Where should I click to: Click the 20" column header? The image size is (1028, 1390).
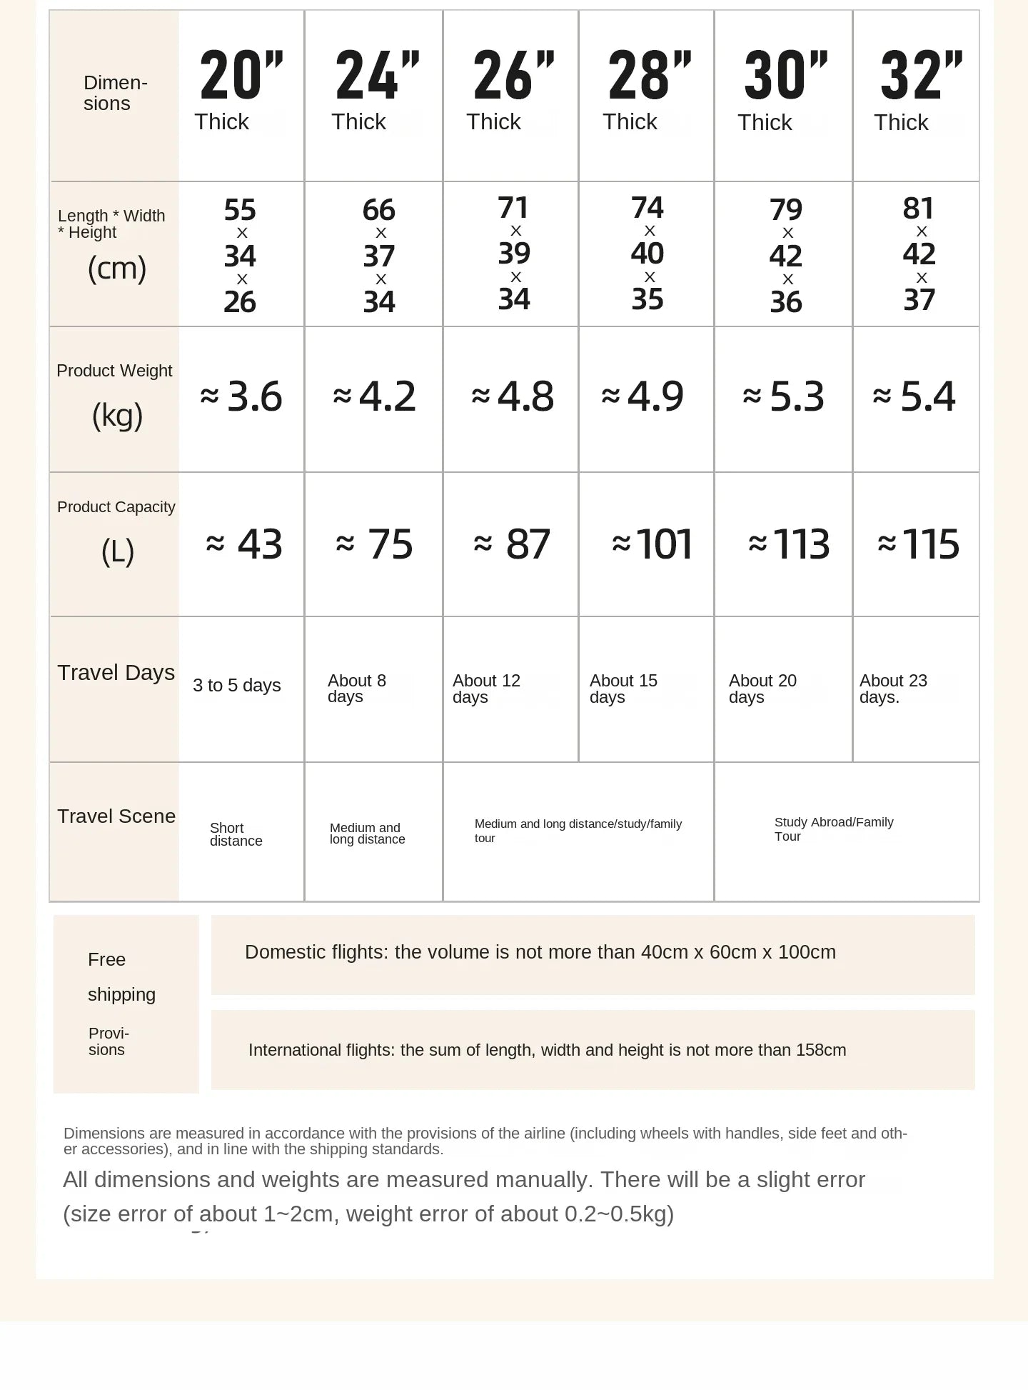tap(241, 76)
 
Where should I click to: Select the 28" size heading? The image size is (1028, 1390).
tap(649, 76)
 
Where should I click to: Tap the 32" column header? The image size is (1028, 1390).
tap(921, 76)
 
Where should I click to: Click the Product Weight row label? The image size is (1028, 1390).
tap(114, 371)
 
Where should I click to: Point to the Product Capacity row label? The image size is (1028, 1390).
tap(116, 507)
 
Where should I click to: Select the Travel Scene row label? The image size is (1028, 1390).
tap(116, 816)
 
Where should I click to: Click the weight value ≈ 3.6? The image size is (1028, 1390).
tap(241, 396)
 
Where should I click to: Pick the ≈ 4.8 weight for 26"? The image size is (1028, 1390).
tap(513, 396)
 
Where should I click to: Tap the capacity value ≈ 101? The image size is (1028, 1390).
tap(652, 544)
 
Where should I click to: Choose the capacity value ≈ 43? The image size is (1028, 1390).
tap(244, 544)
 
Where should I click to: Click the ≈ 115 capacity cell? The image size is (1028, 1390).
tap(918, 544)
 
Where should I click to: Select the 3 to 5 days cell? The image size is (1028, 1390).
tap(237, 686)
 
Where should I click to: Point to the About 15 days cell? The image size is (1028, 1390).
tap(623, 689)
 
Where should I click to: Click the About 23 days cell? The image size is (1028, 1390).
tap(893, 689)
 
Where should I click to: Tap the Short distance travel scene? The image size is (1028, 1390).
tap(236, 834)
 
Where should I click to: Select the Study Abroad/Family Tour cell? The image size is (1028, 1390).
tap(834, 829)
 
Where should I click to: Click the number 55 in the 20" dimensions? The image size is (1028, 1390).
tap(240, 210)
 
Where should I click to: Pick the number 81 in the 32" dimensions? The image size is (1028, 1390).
tap(918, 209)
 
